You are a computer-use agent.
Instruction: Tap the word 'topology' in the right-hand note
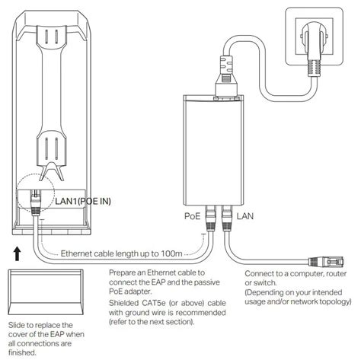point(337,300)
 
